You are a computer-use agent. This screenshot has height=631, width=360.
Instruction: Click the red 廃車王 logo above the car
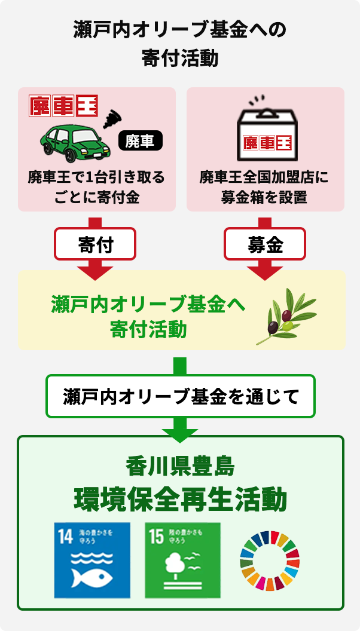pyautogui.click(x=63, y=106)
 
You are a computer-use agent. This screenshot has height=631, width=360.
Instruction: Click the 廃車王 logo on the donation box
pyautogui.click(x=266, y=143)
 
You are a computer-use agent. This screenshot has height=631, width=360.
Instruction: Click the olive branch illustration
pyautogui.click(x=288, y=315)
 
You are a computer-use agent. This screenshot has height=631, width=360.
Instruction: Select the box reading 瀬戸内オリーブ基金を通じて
pyautogui.click(x=180, y=396)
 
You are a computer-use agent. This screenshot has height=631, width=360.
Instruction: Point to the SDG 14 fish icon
pyautogui.click(x=92, y=560)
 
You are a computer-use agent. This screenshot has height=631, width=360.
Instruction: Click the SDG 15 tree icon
pyautogui.click(x=182, y=560)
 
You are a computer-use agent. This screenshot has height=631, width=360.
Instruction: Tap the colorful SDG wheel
pyautogui.click(x=270, y=560)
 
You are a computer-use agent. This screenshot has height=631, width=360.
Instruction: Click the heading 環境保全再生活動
pyautogui.click(x=180, y=500)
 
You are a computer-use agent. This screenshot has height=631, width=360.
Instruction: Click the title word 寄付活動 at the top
pyautogui.click(x=180, y=59)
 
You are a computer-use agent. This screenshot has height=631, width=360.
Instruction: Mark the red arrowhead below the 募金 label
pyautogui.click(x=265, y=272)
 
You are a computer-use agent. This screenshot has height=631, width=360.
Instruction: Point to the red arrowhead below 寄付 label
pyautogui.click(x=95, y=272)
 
